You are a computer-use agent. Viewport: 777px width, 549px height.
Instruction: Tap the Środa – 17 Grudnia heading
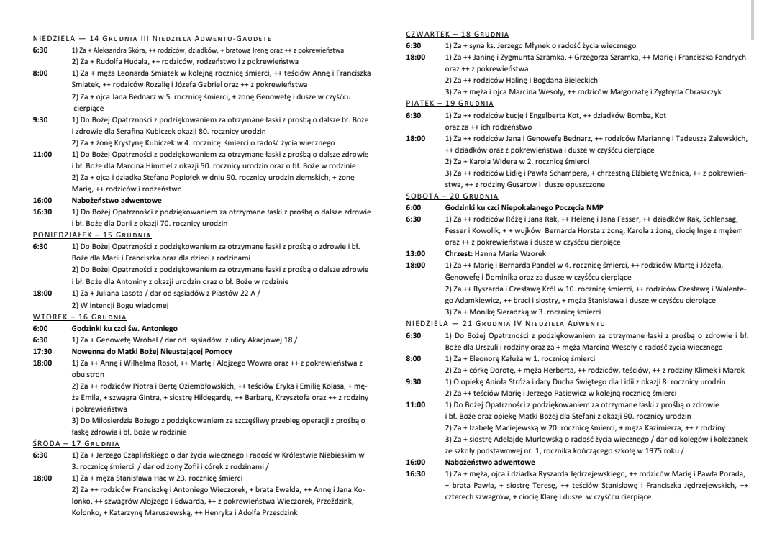(76, 444)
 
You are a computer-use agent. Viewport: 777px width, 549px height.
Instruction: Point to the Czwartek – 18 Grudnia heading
(457, 35)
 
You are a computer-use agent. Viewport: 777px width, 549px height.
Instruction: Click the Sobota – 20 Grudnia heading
(452, 196)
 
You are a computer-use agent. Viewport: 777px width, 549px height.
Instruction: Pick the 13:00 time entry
(416, 253)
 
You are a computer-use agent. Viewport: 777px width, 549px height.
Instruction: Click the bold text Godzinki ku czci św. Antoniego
(127, 328)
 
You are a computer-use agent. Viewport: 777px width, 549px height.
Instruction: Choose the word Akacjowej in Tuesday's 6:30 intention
(258, 340)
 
